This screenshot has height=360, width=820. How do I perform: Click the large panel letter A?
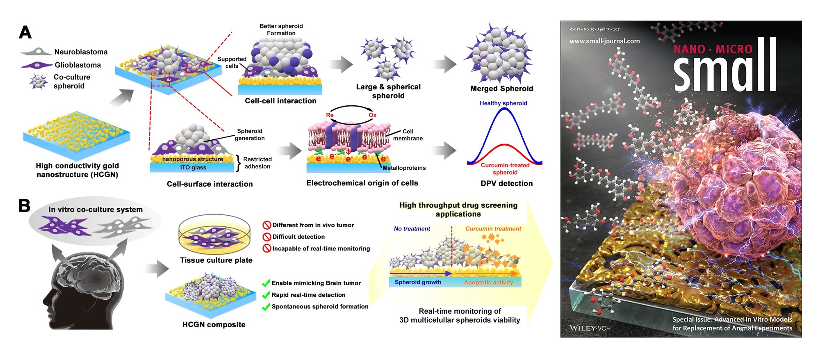tap(25, 32)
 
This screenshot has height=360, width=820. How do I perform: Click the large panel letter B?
tap(25, 205)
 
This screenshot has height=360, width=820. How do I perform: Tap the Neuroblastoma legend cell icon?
tap(36, 52)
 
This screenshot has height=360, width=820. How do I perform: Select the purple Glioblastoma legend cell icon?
tap(36, 65)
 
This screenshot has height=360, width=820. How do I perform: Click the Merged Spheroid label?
tap(501, 89)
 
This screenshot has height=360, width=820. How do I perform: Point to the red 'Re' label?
tap(330, 115)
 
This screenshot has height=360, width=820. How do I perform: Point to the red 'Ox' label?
tap(372, 115)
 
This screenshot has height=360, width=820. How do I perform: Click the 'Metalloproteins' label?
tap(404, 168)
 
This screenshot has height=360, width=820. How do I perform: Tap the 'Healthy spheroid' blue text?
tap(503, 103)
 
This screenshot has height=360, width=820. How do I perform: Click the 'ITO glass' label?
tap(193, 167)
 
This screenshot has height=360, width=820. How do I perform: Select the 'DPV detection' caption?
tap(507, 183)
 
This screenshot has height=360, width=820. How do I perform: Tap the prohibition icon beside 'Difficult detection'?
tap(267, 237)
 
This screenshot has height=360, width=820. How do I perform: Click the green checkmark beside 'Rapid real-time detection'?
tap(266, 295)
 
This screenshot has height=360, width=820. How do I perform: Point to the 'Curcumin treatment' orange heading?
tap(493, 229)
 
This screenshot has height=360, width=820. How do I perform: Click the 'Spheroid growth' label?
tap(418, 282)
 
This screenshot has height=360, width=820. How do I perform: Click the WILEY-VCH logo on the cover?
tap(590, 328)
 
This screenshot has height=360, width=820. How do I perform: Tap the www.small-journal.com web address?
tap(604, 41)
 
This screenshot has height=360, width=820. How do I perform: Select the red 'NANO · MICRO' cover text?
tap(713, 50)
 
